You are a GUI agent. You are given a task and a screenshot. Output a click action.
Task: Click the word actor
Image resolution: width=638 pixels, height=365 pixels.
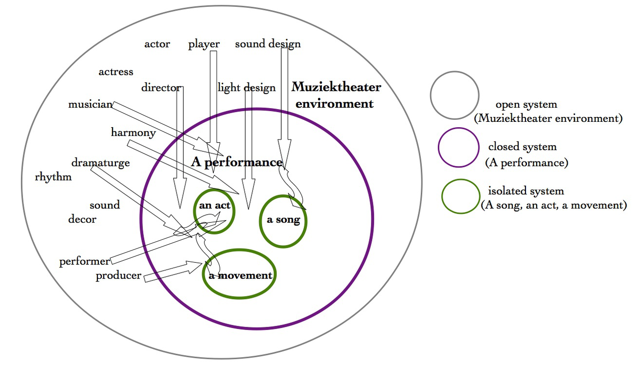[x=157, y=44]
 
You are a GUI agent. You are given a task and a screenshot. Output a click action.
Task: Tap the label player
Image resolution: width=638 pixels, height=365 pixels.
[x=204, y=44]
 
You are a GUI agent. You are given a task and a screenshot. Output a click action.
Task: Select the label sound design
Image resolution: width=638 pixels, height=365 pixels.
[x=268, y=44]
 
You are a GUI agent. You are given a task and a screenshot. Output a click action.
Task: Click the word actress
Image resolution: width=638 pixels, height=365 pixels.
[x=116, y=71]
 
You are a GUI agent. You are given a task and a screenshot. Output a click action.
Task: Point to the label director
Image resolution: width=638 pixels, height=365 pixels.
[x=161, y=88]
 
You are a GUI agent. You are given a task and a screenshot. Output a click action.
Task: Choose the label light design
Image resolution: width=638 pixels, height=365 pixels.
[x=247, y=88]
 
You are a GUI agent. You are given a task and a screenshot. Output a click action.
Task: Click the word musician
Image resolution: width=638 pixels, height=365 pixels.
[x=91, y=104]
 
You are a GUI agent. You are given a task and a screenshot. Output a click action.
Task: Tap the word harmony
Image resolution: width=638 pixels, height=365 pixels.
[x=133, y=132]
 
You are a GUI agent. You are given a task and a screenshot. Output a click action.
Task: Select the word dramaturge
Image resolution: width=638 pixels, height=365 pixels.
[x=101, y=162]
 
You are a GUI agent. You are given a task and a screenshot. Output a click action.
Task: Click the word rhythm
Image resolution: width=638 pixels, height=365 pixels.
[x=53, y=177]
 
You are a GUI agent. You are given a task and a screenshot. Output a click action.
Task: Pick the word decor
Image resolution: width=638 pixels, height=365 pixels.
[x=82, y=219]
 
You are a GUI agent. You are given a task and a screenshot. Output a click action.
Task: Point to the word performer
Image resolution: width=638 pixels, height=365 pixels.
[x=85, y=261]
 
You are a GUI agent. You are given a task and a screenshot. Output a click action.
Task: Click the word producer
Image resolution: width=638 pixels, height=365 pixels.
[x=118, y=275]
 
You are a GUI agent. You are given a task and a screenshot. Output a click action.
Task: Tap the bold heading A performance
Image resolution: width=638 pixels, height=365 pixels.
[x=237, y=162]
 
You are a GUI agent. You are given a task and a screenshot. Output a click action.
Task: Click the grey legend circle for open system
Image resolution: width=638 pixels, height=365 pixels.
[x=455, y=95]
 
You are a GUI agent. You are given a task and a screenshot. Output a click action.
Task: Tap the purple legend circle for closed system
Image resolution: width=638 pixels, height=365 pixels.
[x=458, y=147]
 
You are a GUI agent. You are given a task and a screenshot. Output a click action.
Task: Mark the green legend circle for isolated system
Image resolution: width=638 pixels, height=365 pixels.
[x=461, y=196]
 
